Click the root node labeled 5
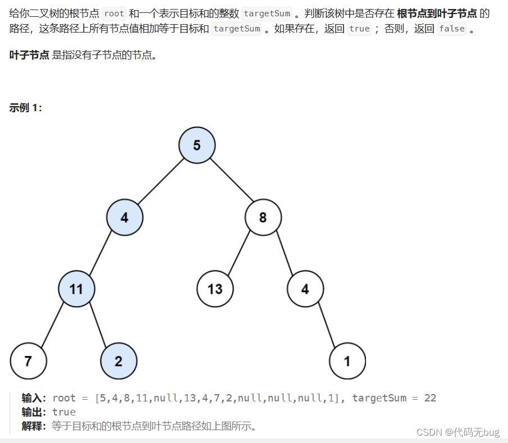click(x=196, y=145)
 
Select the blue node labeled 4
click(x=125, y=217)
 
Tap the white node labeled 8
click(x=263, y=217)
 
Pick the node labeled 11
click(x=76, y=289)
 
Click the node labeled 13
click(x=215, y=289)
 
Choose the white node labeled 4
click(x=305, y=289)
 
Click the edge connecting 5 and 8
click(x=230, y=181)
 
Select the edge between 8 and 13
click(x=239, y=253)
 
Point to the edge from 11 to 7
click(x=52, y=325)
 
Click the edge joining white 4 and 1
click(x=326, y=325)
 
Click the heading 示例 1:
click(x=26, y=108)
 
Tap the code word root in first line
click(x=114, y=13)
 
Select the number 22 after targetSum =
click(x=430, y=398)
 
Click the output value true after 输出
click(x=64, y=412)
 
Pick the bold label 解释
click(x=33, y=426)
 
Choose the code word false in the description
click(x=451, y=28)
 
